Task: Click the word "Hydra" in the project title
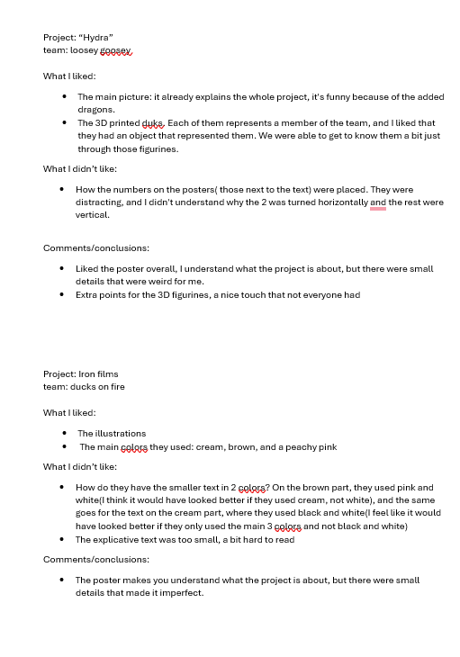pyautogui.click(x=96, y=37)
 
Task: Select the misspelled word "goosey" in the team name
pyautogui.click(x=115, y=51)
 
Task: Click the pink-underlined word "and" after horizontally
pyautogui.click(x=377, y=202)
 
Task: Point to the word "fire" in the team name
pyautogui.click(x=114, y=387)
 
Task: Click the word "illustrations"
pyautogui.click(x=120, y=433)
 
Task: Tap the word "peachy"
pyautogui.click(x=293, y=447)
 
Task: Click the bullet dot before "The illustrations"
pyautogui.click(x=66, y=434)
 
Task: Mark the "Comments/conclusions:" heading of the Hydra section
pyautogui.click(x=96, y=247)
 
